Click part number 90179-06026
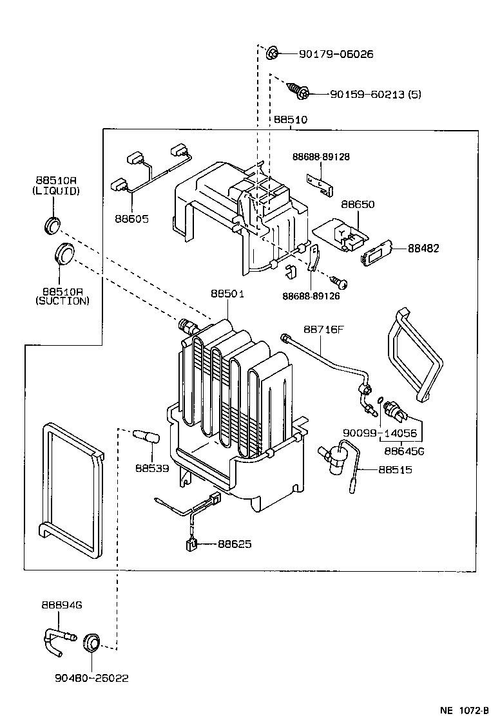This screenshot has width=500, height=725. point(336,54)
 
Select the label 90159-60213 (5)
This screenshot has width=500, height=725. point(376,94)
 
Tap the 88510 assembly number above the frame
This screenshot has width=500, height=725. point(291,120)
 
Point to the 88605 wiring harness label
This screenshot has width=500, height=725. point(132,219)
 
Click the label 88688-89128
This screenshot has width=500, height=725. point(321,156)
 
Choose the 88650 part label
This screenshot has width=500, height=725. point(358,204)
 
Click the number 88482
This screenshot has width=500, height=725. point(424,249)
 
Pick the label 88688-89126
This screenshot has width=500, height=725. point(311,296)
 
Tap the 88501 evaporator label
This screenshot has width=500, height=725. point(227,294)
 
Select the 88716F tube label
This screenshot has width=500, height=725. point(323,329)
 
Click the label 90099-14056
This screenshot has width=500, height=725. point(380,433)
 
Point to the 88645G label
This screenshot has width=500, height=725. point(404,451)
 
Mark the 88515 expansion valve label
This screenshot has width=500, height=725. point(396,470)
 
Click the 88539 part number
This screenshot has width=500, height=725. point(152,468)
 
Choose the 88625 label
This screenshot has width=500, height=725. point(235,544)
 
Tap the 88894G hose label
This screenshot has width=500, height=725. point(62,605)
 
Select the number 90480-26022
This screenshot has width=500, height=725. point(91,678)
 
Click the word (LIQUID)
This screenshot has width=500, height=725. point(56,191)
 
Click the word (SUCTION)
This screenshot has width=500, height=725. point(63,301)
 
